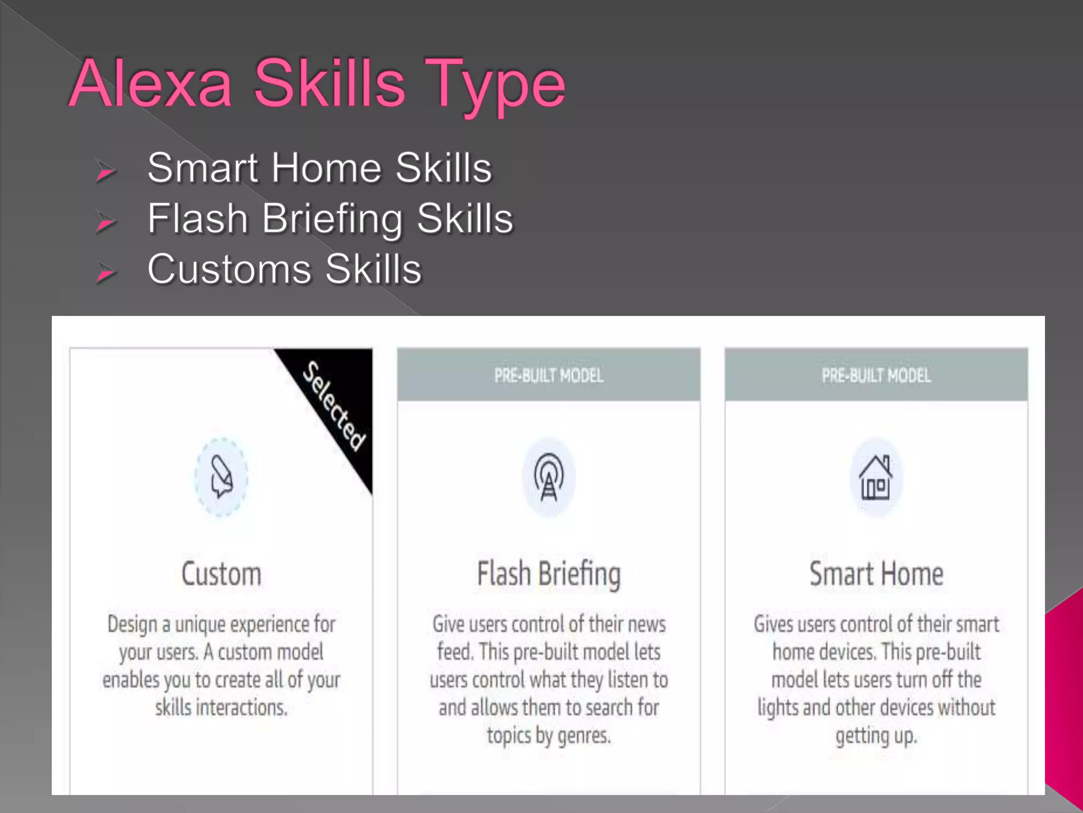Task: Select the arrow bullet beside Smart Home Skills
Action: click(106, 171)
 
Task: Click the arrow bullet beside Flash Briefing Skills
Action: click(106, 222)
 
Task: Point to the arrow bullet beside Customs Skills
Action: click(106, 273)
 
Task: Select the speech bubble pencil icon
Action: click(222, 476)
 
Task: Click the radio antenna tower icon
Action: click(549, 476)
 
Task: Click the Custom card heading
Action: click(222, 574)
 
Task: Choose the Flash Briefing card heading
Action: click(549, 575)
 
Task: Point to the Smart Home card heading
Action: click(876, 574)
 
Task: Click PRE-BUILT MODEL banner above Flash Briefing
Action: click(549, 375)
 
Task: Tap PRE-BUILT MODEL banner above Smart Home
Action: click(876, 375)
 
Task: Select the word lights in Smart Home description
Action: click(777, 708)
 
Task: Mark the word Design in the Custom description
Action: click(132, 625)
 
